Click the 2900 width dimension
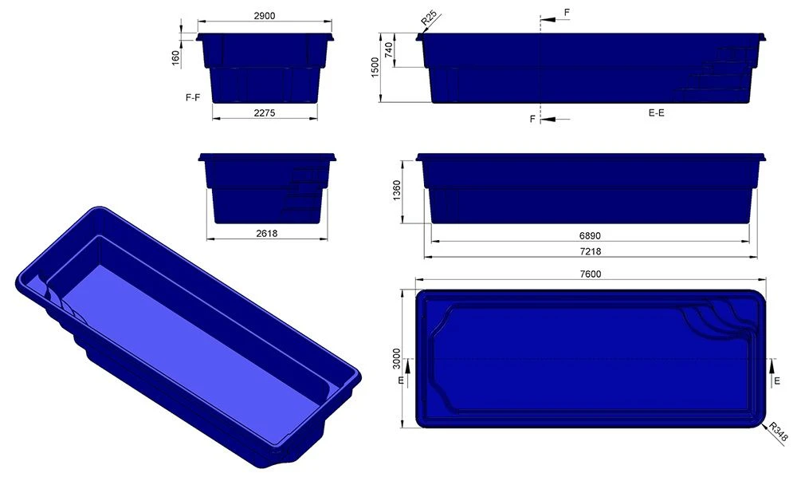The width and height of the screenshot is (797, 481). [265, 16]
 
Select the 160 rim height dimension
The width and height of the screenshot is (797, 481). [176, 58]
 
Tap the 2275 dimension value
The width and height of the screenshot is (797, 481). [265, 113]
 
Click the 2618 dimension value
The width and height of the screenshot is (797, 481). [266, 234]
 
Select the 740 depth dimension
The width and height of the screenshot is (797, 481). [389, 50]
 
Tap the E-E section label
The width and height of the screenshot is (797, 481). [656, 113]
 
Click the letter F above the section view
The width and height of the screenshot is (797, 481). [567, 14]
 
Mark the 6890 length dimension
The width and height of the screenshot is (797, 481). [589, 237]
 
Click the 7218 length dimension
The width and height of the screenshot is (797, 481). [589, 251]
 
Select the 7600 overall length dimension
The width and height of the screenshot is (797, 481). [590, 274]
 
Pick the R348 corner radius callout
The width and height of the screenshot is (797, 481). [776, 431]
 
